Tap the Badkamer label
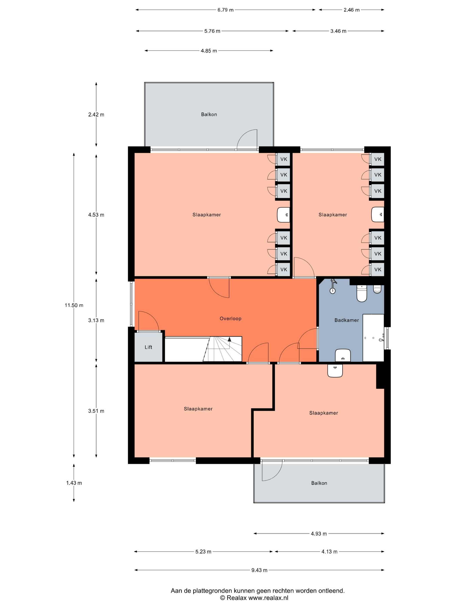[x=347, y=320]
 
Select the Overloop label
[x=230, y=319]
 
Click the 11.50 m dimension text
[x=74, y=305]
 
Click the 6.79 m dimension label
[x=225, y=10]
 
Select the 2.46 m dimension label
[x=352, y=10]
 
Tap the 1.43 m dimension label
[x=74, y=483]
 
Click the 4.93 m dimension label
[x=319, y=534]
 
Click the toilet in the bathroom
[x=362, y=293]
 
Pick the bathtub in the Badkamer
[x=373, y=338]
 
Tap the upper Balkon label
[x=209, y=114]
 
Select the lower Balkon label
[x=319, y=483]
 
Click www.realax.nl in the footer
[x=268, y=598]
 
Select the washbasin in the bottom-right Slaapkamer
[x=335, y=370]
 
